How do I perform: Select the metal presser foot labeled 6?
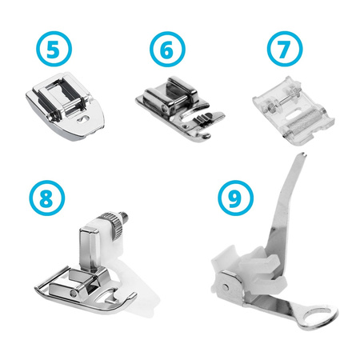[172, 108]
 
